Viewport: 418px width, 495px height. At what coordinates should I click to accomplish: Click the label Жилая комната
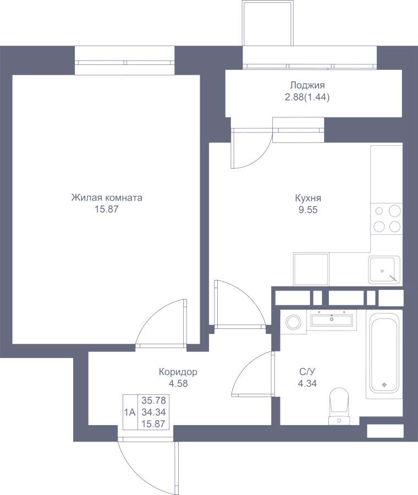coord(107,198)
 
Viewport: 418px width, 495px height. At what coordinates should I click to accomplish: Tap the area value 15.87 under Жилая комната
coord(107,210)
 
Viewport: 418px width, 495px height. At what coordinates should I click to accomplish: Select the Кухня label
coord(308,198)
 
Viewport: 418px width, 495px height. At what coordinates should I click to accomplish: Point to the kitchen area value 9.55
coord(308,210)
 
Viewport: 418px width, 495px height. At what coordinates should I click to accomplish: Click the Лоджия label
coord(307,86)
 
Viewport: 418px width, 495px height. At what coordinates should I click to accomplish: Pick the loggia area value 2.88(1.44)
coord(307,97)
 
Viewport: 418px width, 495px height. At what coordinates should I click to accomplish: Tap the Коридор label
coord(178,372)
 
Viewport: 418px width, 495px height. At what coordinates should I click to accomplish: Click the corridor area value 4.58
coord(178,383)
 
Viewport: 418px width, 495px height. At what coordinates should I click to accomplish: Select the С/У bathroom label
coord(307,372)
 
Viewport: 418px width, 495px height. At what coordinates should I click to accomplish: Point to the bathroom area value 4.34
coord(307,383)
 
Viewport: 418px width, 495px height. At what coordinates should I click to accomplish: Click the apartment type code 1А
coord(130,413)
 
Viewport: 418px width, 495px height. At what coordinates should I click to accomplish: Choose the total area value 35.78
coord(154,400)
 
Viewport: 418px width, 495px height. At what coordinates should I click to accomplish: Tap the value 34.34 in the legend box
coord(154,412)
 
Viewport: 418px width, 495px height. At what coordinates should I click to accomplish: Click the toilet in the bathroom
coord(339,406)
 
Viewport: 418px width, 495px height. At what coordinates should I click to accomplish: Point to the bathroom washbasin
coord(332,320)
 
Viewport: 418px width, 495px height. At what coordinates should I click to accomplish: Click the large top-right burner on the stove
coord(395,211)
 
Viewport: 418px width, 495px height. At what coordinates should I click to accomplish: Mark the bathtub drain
coord(384,384)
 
